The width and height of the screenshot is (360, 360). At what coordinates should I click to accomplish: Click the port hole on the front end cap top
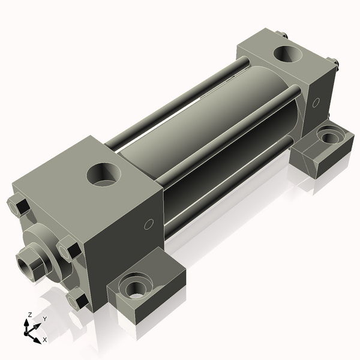click(x=103, y=174)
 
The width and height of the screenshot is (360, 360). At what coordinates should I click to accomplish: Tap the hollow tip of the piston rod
click(x=25, y=263)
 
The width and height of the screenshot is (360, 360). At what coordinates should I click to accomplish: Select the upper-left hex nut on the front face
click(x=19, y=207)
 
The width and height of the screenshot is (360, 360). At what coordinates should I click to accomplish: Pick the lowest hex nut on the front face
click(x=77, y=298)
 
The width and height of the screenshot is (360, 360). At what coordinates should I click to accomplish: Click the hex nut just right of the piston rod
click(x=69, y=249)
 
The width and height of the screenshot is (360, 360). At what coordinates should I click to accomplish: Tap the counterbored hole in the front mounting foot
click(x=134, y=286)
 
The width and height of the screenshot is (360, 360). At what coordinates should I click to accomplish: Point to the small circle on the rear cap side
click(x=316, y=103)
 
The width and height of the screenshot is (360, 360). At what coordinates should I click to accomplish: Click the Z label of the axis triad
click(x=29, y=314)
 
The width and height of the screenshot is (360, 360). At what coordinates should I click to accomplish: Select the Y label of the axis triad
click(x=44, y=319)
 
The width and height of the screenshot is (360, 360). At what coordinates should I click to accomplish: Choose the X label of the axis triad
click(x=44, y=340)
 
